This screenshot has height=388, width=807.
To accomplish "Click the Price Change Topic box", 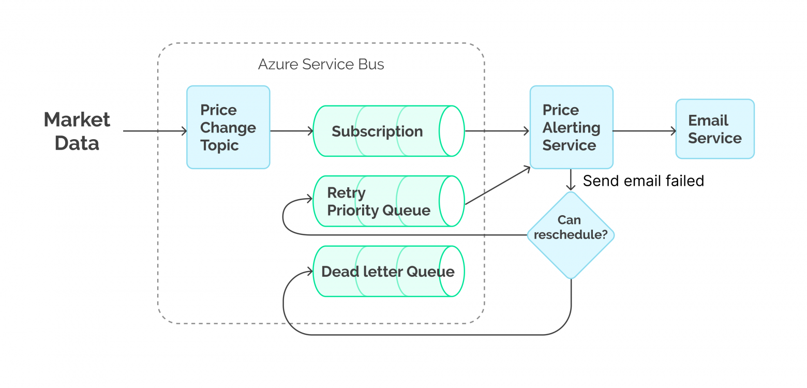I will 228,127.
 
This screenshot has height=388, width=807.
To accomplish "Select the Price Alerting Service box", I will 571,127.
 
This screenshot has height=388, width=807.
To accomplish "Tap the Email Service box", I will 714,129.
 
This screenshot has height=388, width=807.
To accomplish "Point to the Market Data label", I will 77,131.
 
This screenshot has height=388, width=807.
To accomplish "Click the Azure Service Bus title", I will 321,65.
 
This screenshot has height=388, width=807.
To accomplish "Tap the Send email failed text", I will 643,181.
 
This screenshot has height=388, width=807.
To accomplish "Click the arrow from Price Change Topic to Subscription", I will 291,131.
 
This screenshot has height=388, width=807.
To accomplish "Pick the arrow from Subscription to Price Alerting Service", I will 497,131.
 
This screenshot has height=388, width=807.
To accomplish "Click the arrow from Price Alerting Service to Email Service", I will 644,131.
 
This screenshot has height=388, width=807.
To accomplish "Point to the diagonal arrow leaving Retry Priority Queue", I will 498,185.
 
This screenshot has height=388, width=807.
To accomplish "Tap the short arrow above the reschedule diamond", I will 571,180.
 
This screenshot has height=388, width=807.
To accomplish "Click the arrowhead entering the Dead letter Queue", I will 310,271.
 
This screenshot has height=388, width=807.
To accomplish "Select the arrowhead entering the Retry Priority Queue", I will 310,199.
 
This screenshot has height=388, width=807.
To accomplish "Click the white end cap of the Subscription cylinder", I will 452,131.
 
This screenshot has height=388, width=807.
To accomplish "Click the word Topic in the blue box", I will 219,145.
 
